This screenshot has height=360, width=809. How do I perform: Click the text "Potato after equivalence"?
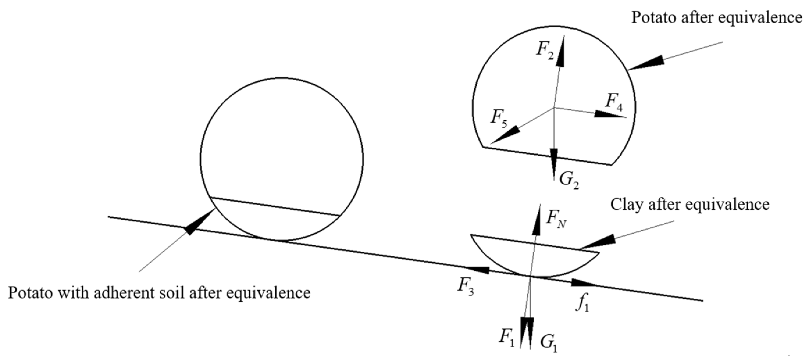coord(716,18)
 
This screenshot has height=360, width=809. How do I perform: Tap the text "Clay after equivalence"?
coord(690,205)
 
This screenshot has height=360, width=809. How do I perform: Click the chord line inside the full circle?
coord(275,207)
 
